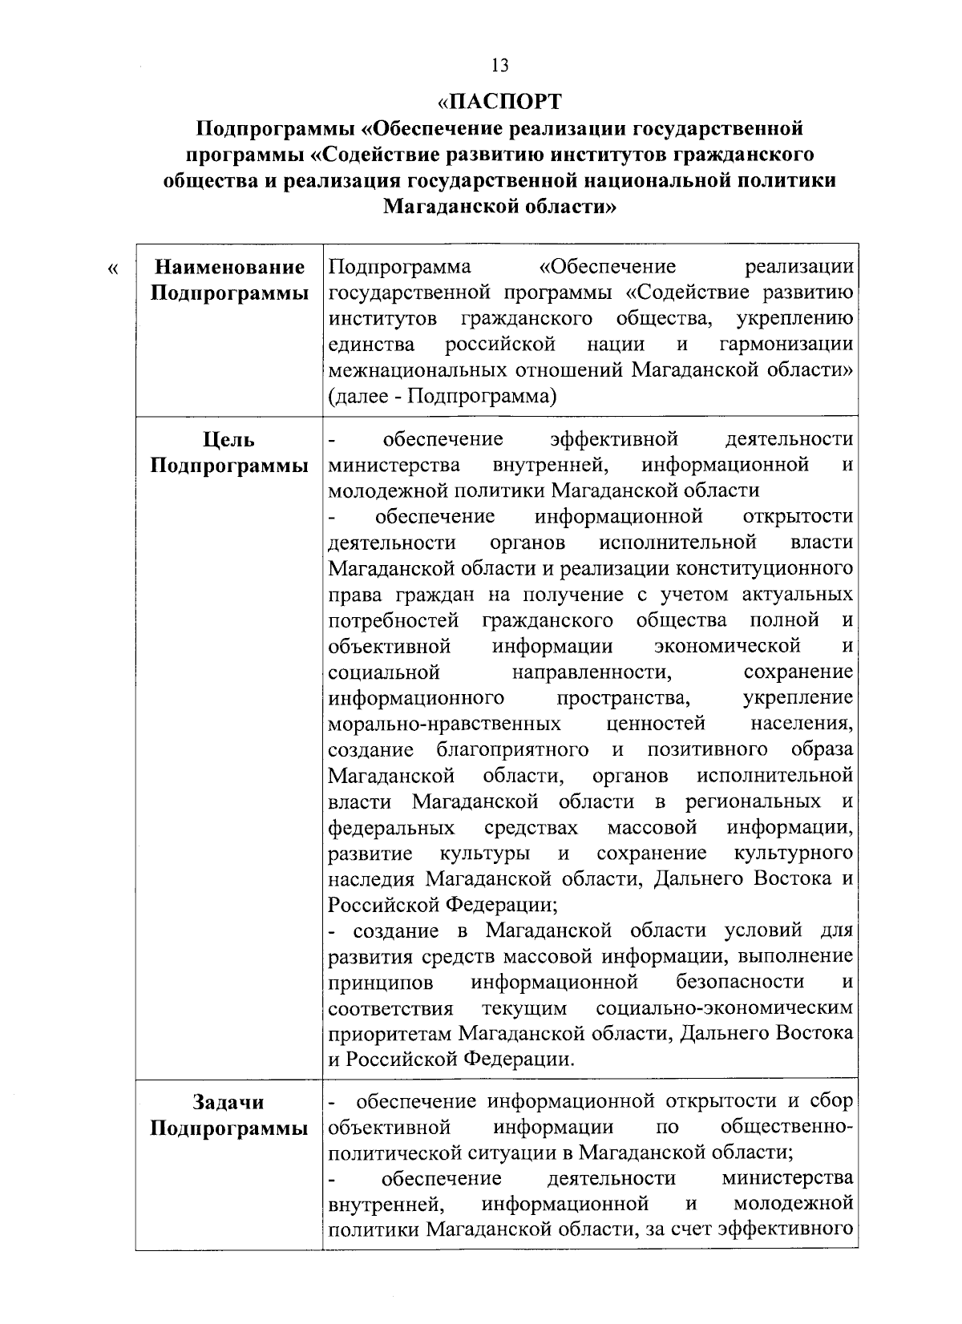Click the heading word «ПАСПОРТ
[x=499, y=102]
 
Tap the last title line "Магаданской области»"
[x=499, y=207]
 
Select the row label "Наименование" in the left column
[x=229, y=267]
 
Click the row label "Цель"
[x=229, y=440]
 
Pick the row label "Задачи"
[x=229, y=1103]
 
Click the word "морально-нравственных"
[x=444, y=725]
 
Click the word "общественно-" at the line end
[x=786, y=1128]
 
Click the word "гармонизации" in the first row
[x=786, y=345]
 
